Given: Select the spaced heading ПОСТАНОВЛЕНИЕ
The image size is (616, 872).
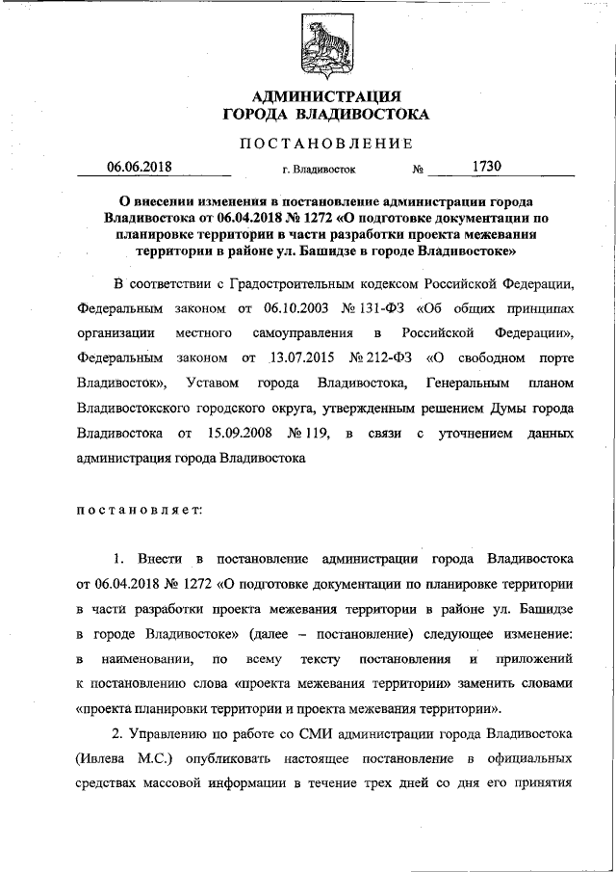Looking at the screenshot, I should (325, 144).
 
